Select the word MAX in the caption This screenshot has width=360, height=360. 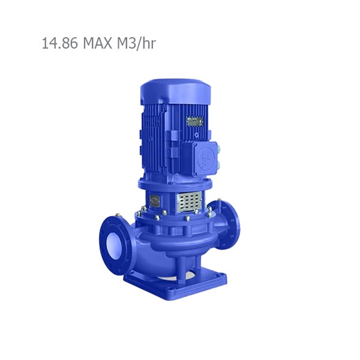click(x=95, y=44)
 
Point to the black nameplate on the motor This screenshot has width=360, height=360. click(x=194, y=121)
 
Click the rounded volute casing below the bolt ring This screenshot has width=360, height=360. click(x=174, y=243)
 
